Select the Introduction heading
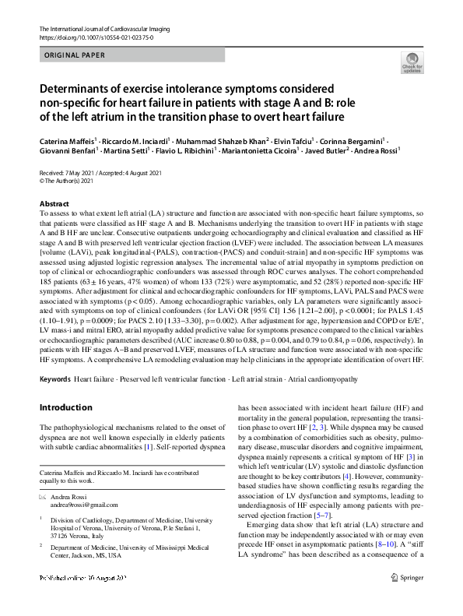click(x=65, y=407)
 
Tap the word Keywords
click(x=54, y=378)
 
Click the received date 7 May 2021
click(x=80, y=173)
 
